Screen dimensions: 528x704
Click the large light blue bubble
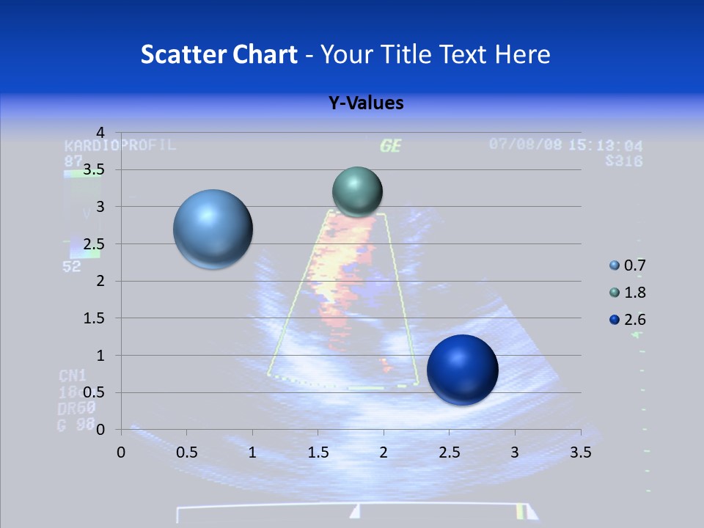[x=213, y=230]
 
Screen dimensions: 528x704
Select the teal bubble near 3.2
[x=357, y=191]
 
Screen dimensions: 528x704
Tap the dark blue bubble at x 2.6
[x=462, y=370]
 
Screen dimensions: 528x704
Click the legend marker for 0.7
[x=614, y=265]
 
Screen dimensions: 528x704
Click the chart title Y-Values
[x=366, y=103]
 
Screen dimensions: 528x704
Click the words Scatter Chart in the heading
[x=219, y=54]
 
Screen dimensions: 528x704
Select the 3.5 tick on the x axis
[x=581, y=452]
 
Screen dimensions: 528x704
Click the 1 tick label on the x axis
[x=252, y=452]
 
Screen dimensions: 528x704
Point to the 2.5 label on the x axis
[x=449, y=452]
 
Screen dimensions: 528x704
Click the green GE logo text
[x=391, y=146]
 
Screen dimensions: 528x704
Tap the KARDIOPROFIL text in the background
[x=120, y=145]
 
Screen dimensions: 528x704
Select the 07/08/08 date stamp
[x=526, y=144]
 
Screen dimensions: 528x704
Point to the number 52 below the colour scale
[x=72, y=267]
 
